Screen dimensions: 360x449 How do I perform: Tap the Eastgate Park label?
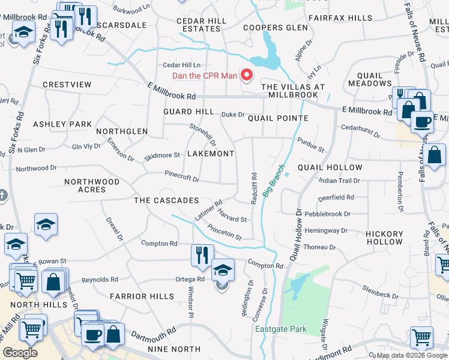pyautogui.click(x=280, y=329)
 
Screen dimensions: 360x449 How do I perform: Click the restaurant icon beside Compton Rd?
pyautogui.click(x=202, y=255)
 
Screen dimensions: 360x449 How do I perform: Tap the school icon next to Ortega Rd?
pyautogui.click(x=223, y=270)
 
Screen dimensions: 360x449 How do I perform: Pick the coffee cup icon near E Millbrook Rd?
pyautogui.click(x=422, y=122)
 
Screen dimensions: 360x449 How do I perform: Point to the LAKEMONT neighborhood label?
pyautogui.click(x=210, y=154)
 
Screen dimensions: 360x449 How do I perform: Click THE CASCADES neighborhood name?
pyautogui.click(x=166, y=200)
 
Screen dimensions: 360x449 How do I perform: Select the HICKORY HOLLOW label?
pyautogui.click(x=385, y=238)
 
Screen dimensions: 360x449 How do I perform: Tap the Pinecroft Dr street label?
pyautogui.click(x=182, y=178)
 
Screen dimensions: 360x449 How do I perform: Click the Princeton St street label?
pyautogui.click(x=224, y=232)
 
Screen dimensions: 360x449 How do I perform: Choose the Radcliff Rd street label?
pyautogui.click(x=254, y=188)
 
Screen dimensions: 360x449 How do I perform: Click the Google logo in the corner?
pyautogui.click(x=20, y=352)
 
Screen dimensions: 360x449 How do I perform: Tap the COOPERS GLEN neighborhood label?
pyautogui.click(x=271, y=28)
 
